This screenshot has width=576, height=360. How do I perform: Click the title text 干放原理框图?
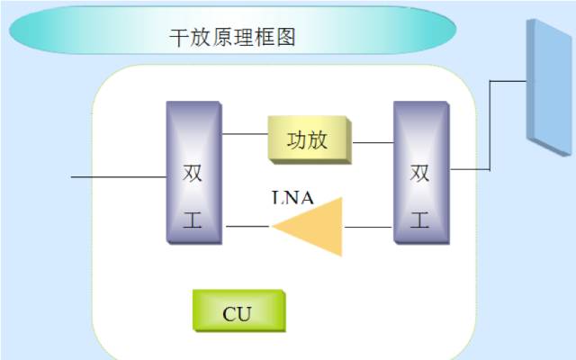coord(233,37)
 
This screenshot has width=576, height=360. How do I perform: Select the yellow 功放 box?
coord(310,140)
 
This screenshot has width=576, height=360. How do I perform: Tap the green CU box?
coord(238,311)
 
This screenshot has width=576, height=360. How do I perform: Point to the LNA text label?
coord(292,199)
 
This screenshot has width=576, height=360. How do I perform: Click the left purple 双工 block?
coord(193,173)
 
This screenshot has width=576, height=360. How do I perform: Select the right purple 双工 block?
coord(420,173)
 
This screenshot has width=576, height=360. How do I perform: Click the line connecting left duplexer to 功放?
coord(245,134)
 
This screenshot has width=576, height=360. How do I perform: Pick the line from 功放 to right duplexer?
coord(373,142)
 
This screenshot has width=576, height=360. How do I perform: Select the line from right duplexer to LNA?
coord(369,227)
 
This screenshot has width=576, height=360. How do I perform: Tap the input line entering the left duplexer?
coord(117,177)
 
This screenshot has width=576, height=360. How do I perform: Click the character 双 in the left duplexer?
coord(193,173)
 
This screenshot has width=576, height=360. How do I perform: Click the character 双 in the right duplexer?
coord(420,173)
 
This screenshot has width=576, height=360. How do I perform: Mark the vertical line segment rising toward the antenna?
coord(490,124)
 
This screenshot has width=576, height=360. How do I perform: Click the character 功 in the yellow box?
coord(298,140)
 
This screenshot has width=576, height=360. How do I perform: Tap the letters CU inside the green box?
coord(238,314)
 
